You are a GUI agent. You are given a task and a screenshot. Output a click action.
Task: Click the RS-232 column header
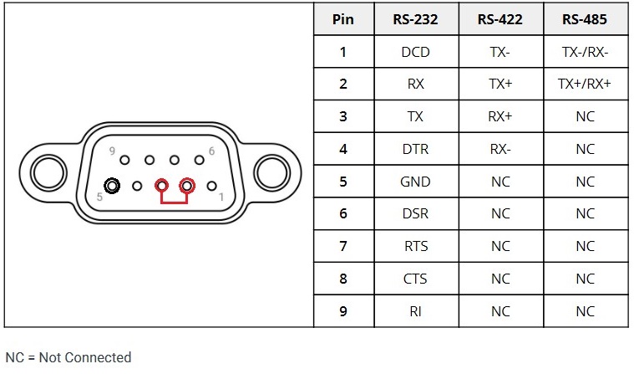click(x=415, y=19)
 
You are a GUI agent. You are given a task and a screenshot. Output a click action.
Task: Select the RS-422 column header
click(x=500, y=19)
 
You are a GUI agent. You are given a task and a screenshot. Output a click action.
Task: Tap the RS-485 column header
click(x=585, y=19)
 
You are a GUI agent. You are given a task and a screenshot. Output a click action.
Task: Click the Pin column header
click(x=342, y=19)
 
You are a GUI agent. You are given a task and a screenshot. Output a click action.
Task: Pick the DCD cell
click(x=415, y=52)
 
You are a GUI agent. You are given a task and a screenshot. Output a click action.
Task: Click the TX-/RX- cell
click(x=585, y=52)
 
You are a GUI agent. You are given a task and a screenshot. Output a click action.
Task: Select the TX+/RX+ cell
click(x=585, y=84)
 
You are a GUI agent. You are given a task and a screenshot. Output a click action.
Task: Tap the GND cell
click(x=415, y=182)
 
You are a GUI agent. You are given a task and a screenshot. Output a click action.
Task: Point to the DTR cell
click(x=415, y=149)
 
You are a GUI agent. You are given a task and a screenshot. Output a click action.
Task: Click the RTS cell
click(x=415, y=246)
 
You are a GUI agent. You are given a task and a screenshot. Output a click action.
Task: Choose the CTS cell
click(x=415, y=279)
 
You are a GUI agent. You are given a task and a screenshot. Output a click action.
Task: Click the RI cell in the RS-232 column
click(x=415, y=311)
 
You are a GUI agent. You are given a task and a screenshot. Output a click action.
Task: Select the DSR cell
click(x=415, y=214)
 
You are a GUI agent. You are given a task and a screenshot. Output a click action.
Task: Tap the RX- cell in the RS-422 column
click(x=500, y=149)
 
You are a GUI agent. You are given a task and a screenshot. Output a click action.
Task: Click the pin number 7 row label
click(x=342, y=246)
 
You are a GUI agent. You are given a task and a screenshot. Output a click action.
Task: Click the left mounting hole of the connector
click(x=47, y=172)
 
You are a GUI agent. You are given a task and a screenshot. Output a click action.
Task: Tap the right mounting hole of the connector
click(x=271, y=172)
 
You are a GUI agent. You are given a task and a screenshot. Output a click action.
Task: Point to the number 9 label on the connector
click(x=112, y=151)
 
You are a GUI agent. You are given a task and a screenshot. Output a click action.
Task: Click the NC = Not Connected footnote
click(x=68, y=357)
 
